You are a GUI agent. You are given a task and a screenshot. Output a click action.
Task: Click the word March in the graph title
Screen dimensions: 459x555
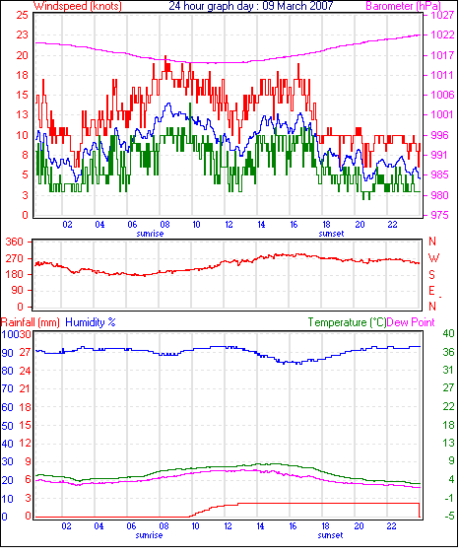289,6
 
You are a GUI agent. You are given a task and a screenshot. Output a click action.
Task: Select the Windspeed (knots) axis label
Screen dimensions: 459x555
78,6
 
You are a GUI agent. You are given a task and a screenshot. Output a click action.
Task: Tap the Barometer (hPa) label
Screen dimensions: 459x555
404,6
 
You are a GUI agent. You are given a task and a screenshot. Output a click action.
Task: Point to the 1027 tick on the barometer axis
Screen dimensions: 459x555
442,15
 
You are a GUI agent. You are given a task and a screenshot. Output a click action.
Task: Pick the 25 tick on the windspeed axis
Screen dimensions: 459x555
22,15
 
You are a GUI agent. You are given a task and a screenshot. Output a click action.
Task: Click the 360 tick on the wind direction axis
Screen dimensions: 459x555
15,242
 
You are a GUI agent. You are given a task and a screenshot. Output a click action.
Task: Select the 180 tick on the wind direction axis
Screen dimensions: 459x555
15,274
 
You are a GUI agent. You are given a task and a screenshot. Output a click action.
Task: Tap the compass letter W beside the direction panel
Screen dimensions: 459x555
433,258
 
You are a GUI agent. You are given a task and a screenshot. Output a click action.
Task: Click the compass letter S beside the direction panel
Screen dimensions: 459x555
431,275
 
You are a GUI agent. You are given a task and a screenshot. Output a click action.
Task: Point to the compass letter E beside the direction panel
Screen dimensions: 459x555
431,291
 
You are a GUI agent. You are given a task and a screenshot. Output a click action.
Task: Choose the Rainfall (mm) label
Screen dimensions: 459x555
31,322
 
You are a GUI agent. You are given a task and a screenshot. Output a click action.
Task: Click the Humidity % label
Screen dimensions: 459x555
91,322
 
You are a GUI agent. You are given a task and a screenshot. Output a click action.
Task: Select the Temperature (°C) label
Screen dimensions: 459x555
347,322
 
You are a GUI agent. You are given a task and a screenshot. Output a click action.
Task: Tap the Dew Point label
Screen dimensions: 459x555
411,322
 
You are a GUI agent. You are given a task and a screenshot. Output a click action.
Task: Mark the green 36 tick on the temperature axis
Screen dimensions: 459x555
448,352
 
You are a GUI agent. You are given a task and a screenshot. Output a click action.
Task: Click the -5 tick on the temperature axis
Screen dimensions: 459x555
448,516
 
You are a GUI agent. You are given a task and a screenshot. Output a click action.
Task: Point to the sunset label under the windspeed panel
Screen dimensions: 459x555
331,234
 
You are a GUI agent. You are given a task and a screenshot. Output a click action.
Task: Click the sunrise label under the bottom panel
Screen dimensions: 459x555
149,535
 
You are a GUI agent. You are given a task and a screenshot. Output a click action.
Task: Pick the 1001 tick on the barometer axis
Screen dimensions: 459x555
442,114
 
